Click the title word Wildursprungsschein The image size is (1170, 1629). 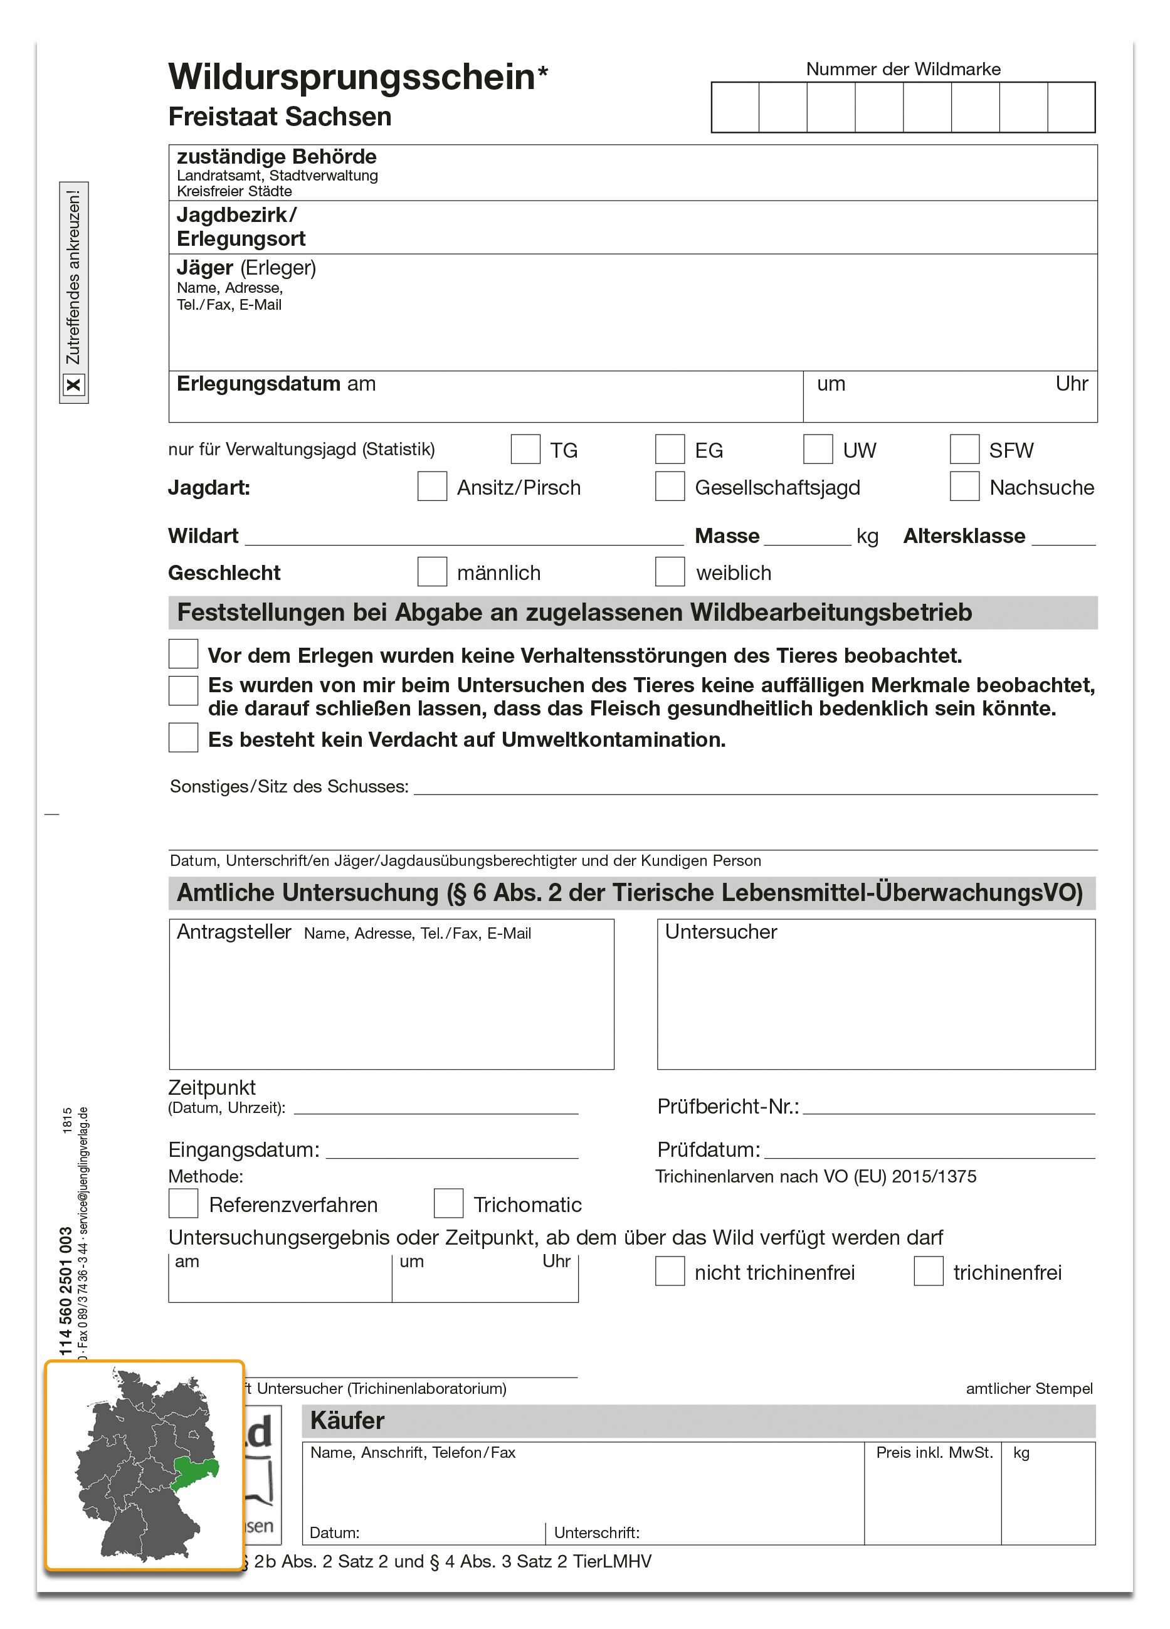[x=352, y=77]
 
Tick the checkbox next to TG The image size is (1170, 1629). [x=525, y=449]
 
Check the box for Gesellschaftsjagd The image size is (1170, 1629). [x=670, y=487]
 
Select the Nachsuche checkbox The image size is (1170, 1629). [x=964, y=487]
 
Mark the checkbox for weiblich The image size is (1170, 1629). [x=670, y=572]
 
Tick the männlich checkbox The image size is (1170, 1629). [x=431, y=572]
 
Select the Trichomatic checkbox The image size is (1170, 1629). [x=448, y=1203]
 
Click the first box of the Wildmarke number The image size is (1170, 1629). [x=735, y=108]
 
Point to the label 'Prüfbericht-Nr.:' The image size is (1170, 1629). [x=727, y=1106]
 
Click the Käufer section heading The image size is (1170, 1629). [x=347, y=1420]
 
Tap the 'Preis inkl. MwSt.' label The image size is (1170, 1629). [x=934, y=1452]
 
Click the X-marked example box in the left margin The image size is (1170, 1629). [x=73, y=385]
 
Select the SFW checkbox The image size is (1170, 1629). [x=964, y=449]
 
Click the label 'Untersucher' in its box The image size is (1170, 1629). [x=720, y=932]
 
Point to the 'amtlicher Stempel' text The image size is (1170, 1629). [x=1028, y=1388]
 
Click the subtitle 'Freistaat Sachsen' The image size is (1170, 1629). [x=280, y=117]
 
